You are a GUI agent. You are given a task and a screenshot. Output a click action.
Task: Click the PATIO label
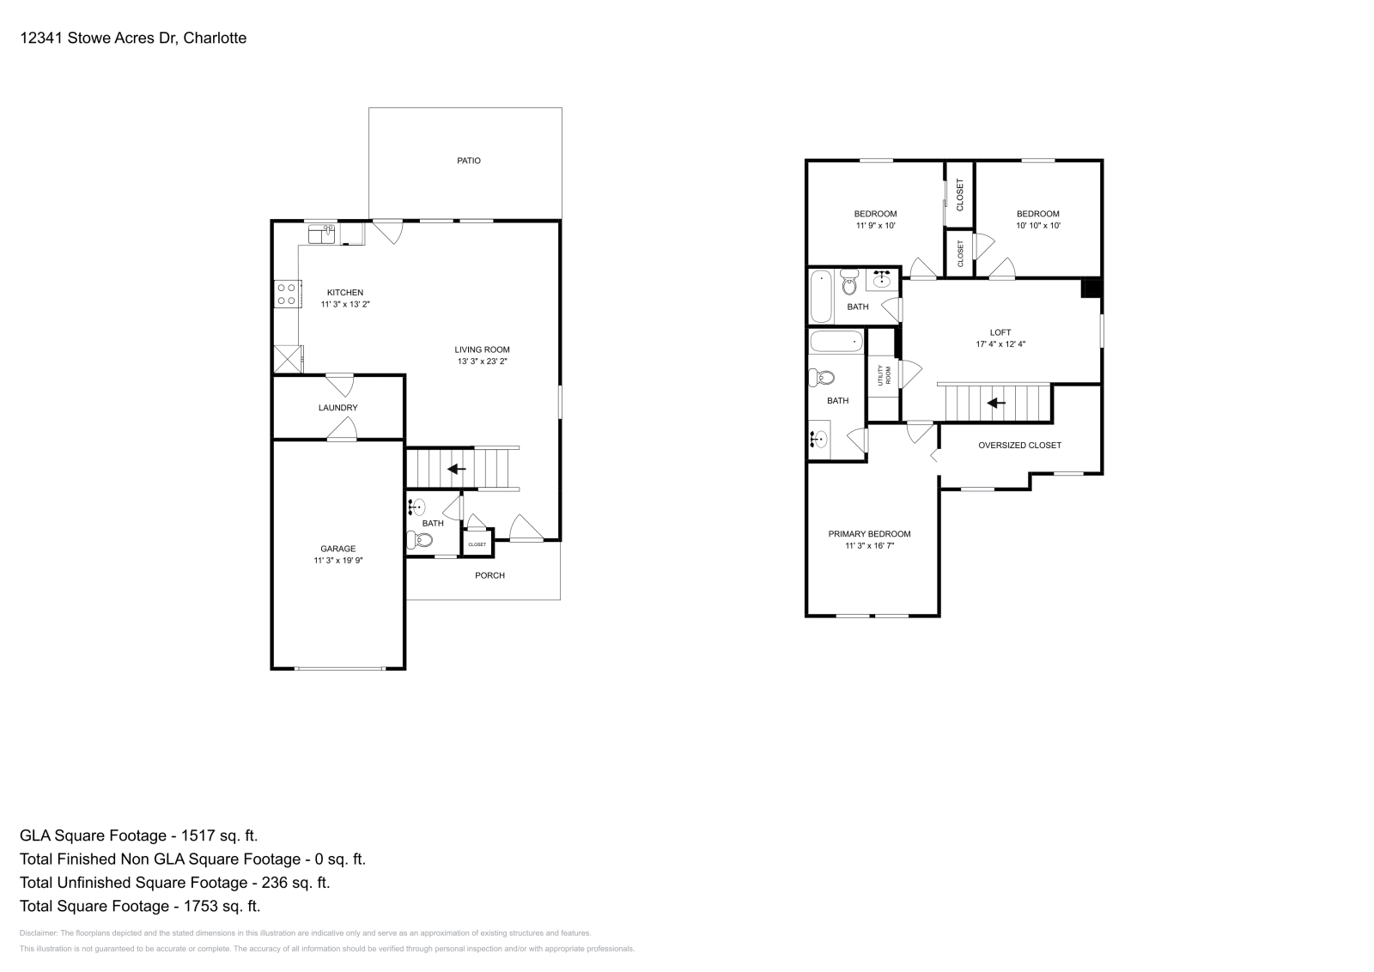pyautogui.click(x=468, y=161)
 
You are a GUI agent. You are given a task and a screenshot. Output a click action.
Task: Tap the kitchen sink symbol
pyautogui.click(x=322, y=233)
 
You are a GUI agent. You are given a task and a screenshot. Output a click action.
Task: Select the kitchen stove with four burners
pyautogui.click(x=287, y=295)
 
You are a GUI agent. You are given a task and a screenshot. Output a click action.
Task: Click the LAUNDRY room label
pyautogui.click(x=337, y=408)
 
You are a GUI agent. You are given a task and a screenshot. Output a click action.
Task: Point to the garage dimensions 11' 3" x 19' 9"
pyautogui.click(x=337, y=561)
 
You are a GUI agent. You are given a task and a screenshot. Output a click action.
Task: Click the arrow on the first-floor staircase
pyautogui.click(x=457, y=469)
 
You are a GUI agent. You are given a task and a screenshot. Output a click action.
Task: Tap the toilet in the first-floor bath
pyautogui.click(x=420, y=540)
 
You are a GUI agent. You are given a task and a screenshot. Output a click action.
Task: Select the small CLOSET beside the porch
pyautogui.click(x=477, y=544)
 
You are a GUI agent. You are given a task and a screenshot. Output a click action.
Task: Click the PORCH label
pyautogui.click(x=489, y=575)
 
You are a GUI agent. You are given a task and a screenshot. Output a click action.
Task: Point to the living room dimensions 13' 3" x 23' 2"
pyautogui.click(x=482, y=361)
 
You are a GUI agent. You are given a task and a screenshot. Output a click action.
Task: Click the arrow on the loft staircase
pyautogui.click(x=996, y=402)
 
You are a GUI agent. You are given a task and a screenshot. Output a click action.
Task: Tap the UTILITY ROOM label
pyautogui.click(x=884, y=375)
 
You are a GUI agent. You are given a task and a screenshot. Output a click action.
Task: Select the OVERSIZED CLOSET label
pyautogui.click(x=1019, y=445)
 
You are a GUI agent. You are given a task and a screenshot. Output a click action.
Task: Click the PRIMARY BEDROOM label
pyautogui.click(x=869, y=534)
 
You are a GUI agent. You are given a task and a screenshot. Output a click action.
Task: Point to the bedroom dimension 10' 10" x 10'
pyautogui.click(x=1037, y=226)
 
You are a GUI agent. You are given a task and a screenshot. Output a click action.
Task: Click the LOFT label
pyautogui.click(x=1000, y=332)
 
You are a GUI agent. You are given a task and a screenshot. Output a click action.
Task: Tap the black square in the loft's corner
pyautogui.click(x=1091, y=289)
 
